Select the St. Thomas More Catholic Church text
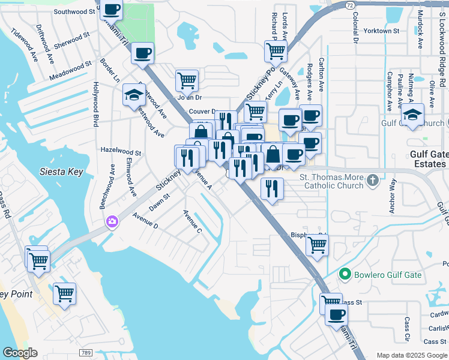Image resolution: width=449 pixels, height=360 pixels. (331, 181)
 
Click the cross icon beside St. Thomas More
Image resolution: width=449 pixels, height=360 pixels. (372, 180)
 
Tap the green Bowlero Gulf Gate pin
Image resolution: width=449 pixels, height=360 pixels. (345, 275)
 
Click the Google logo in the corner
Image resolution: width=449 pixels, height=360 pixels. (20, 353)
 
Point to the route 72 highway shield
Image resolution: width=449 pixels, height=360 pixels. (349, 4)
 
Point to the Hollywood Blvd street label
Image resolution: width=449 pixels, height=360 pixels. (95, 104)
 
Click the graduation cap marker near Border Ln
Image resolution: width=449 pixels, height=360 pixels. (134, 95)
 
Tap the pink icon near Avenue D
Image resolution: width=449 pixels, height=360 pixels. (112, 223)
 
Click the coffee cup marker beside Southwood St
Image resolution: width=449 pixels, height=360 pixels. (112, 10)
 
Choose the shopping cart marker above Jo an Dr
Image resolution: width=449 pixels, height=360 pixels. (187, 80)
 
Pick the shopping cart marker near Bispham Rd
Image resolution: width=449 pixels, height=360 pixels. (316, 244)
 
